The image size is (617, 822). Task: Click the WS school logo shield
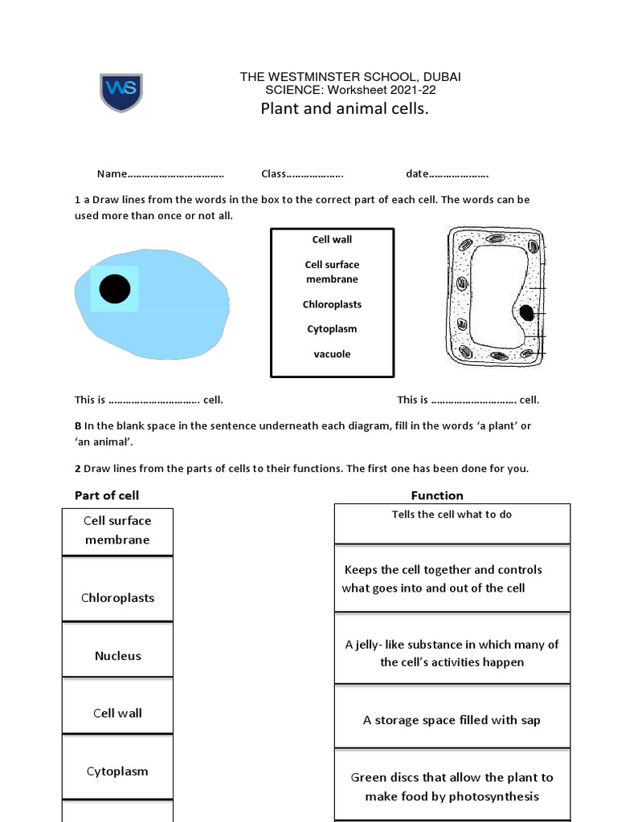[x=121, y=92]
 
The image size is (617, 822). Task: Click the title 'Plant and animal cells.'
[x=345, y=109]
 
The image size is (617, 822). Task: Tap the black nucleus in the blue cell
[x=115, y=289]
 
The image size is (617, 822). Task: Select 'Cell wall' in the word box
[x=332, y=239]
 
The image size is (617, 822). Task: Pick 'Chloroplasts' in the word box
[x=332, y=304]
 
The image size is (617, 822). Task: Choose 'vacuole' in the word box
[x=332, y=354]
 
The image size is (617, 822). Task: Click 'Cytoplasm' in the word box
[x=332, y=329]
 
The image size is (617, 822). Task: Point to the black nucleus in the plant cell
[x=526, y=312]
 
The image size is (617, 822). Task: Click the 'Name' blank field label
[x=112, y=174]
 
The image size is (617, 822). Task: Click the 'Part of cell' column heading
[x=107, y=495]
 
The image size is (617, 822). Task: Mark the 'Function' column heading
[x=437, y=495]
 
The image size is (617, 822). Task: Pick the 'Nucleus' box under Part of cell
[x=117, y=656]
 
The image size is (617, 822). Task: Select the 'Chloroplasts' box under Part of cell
[x=117, y=598]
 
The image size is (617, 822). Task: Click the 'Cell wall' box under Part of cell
[x=117, y=713]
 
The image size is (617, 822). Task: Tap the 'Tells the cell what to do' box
[x=452, y=523]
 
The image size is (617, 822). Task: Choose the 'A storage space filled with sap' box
[x=452, y=720]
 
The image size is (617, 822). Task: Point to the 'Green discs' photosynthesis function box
[x=452, y=787]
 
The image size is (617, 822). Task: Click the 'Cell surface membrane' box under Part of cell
[x=117, y=530]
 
